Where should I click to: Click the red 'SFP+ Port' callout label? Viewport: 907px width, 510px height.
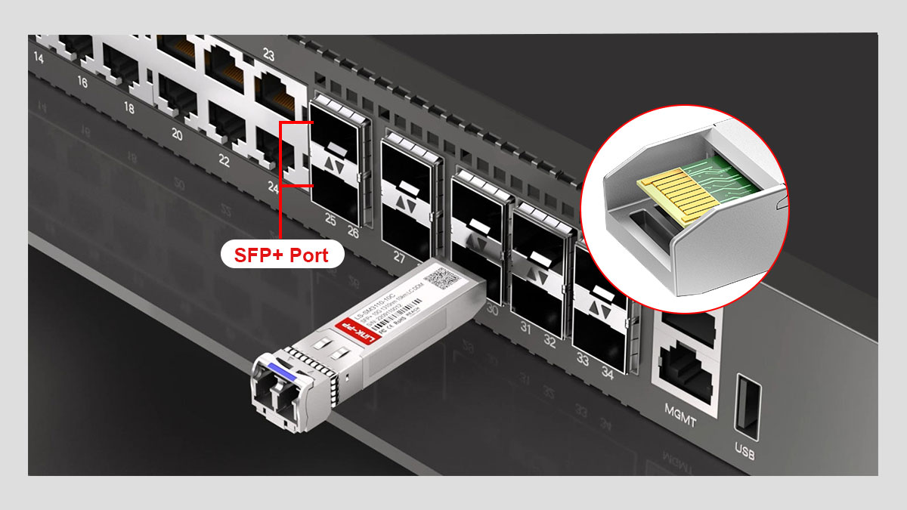[x=282, y=255]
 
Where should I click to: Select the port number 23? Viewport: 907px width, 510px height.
[x=268, y=54]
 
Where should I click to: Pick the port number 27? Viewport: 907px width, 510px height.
[x=399, y=256]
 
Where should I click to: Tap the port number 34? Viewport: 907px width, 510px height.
[x=606, y=372]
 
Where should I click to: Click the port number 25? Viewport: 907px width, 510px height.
[x=330, y=219]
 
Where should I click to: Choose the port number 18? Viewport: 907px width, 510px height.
[x=128, y=108]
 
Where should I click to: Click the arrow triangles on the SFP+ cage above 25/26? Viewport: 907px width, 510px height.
[x=336, y=164]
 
